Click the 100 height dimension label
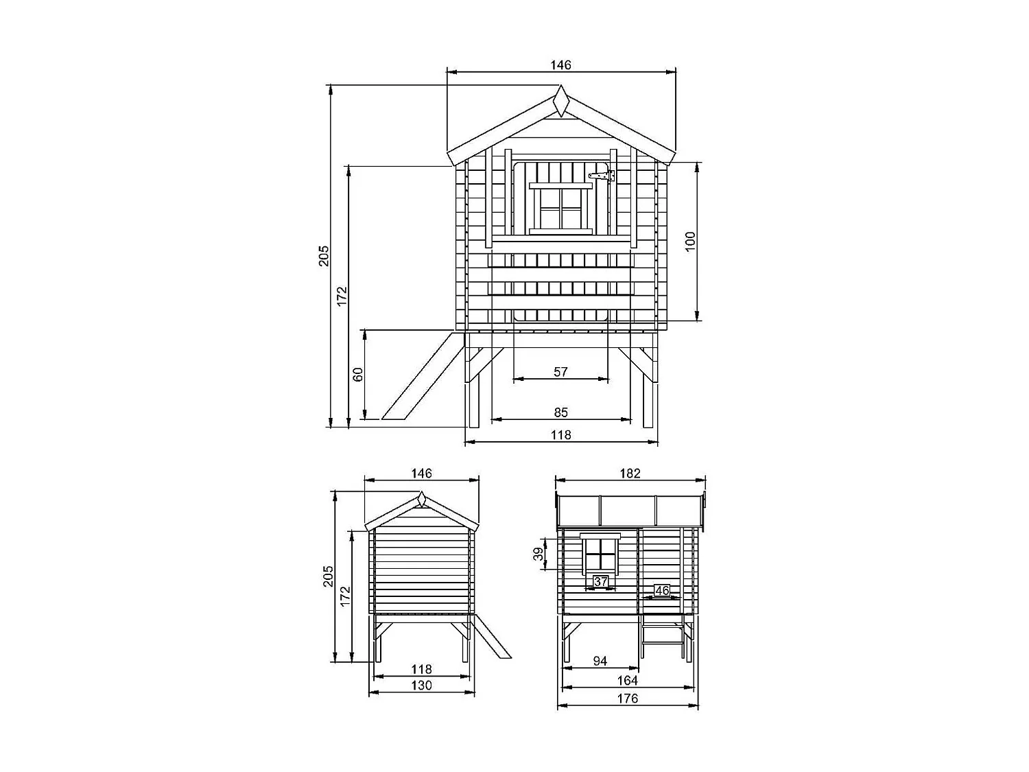(x=690, y=242)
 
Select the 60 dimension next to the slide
(x=357, y=374)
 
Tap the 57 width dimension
(x=560, y=371)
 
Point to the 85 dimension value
(x=560, y=412)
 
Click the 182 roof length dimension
(x=630, y=473)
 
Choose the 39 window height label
(x=539, y=554)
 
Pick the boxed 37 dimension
(x=601, y=582)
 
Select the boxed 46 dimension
(x=661, y=590)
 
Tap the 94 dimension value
(x=600, y=661)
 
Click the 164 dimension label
(x=627, y=680)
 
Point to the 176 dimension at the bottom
(x=627, y=699)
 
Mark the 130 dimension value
(x=421, y=685)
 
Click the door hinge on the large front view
(x=602, y=176)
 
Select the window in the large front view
(x=560, y=208)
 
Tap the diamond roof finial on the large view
(x=561, y=101)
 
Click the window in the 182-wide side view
(x=600, y=554)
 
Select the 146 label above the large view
(x=560, y=65)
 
